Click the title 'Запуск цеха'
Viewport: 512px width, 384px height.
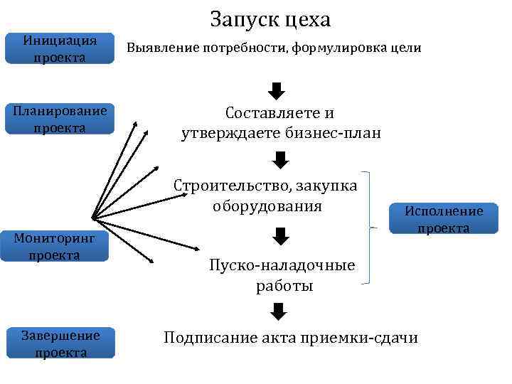coord(270,19)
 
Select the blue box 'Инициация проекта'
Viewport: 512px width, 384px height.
coord(60,48)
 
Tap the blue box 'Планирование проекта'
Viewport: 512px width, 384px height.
coord(60,119)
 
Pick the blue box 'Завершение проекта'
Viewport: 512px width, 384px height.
coord(60,343)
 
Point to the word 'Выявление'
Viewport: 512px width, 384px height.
coord(158,48)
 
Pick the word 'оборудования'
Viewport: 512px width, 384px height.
coord(267,206)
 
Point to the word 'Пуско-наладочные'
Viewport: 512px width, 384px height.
coord(282,266)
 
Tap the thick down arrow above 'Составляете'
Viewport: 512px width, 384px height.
coord(278,91)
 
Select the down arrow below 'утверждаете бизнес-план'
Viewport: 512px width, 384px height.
coord(278,159)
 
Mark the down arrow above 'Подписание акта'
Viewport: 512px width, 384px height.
coord(278,311)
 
